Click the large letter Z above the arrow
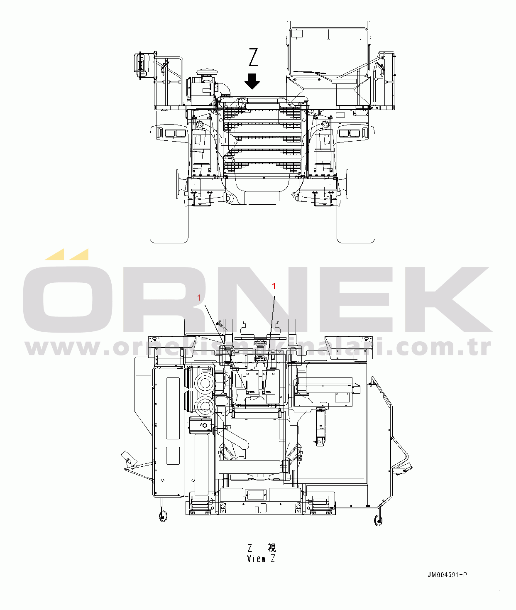pyautogui.click(x=253, y=57)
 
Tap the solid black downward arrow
pyautogui.click(x=252, y=81)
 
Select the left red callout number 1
pyautogui.click(x=199, y=298)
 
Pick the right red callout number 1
pyautogui.click(x=274, y=286)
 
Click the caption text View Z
pyautogui.click(x=261, y=559)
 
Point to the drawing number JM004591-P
pyautogui.click(x=447, y=575)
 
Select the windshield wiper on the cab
pyautogui.click(x=310, y=72)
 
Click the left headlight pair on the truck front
pyautogui.click(x=175, y=133)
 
